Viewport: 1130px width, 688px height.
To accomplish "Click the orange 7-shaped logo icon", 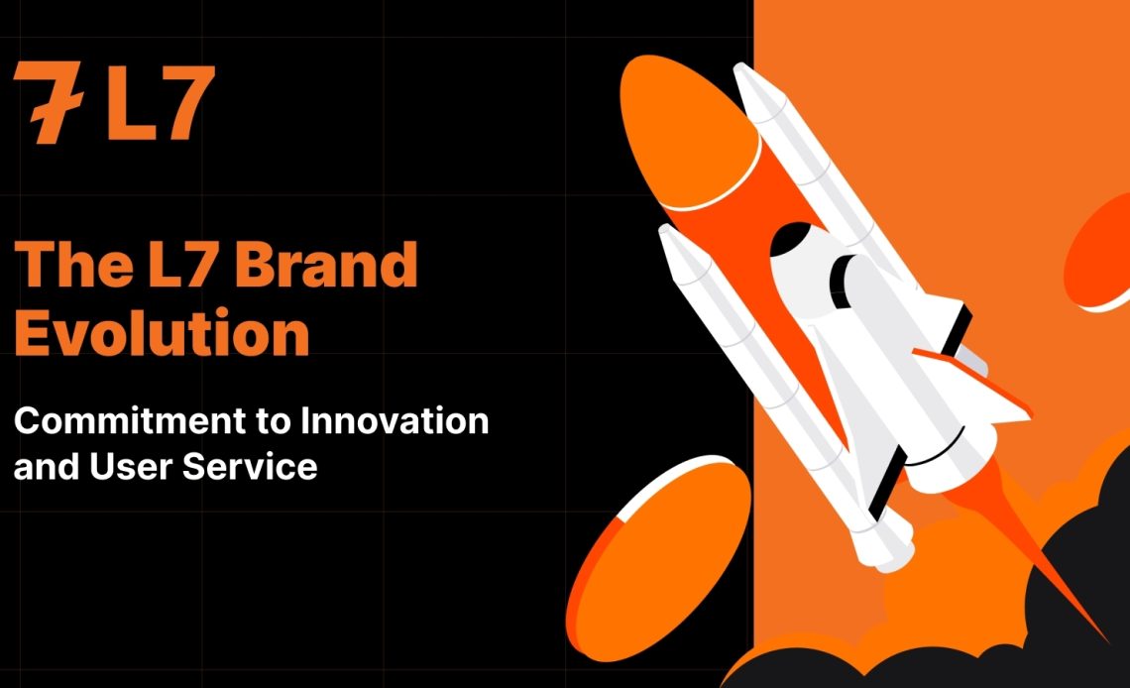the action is pyautogui.click(x=49, y=101).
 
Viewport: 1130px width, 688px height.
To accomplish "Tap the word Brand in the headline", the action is pyautogui.click(x=326, y=264).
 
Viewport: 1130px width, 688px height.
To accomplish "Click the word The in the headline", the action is pyautogui.click(x=73, y=264).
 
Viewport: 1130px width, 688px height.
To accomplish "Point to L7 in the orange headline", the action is pyautogui.click(x=183, y=264).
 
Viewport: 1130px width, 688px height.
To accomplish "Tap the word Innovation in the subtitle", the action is pyautogui.click(x=395, y=420).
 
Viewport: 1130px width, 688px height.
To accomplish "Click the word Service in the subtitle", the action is pyautogui.click(x=250, y=466).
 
